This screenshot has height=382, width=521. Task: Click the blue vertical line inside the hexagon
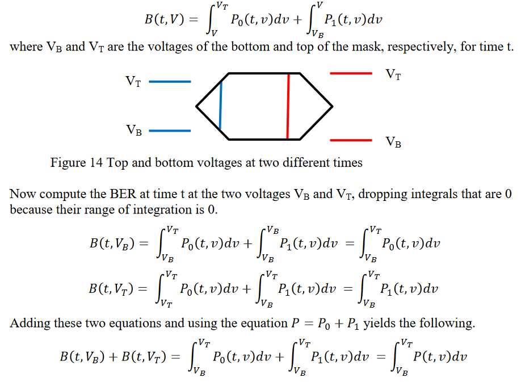220,106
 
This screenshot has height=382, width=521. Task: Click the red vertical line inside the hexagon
288,106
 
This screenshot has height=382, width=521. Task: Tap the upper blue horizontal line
170,82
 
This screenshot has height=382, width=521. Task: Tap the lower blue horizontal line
170,131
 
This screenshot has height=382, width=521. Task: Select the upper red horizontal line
351,73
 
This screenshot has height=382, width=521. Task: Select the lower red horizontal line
351,140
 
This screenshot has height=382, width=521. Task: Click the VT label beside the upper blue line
133,82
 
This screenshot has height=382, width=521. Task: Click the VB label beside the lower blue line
133,131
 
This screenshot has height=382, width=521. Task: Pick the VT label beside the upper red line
393,74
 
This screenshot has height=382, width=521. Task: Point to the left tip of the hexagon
197,106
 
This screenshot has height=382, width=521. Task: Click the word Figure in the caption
68,163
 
